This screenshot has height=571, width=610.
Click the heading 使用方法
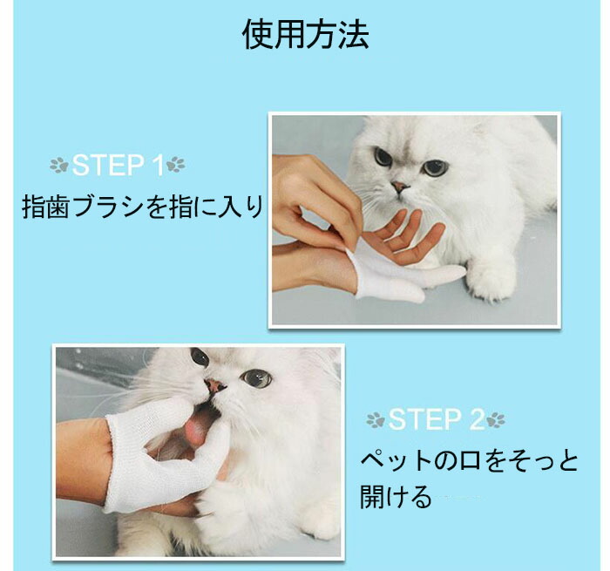(x=305, y=35)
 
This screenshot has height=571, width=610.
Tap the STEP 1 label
(x=118, y=165)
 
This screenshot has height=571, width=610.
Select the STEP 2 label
(x=436, y=419)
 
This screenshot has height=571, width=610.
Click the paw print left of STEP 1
(x=59, y=166)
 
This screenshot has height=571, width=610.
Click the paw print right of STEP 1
(x=175, y=164)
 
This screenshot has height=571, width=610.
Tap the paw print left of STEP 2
(x=376, y=420)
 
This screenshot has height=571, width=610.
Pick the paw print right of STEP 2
(x=496, y=419)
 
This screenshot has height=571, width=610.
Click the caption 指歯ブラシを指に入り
(x=143, y=207)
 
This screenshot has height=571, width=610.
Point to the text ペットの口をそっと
(x=469, y=461)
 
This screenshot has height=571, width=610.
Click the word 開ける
(x=396, y=497)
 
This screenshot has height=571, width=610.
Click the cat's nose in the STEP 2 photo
(x=215, y=385)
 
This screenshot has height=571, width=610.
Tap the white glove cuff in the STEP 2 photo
(x=111, y=463)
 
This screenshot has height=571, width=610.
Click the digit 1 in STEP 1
(x=159, y=165)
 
